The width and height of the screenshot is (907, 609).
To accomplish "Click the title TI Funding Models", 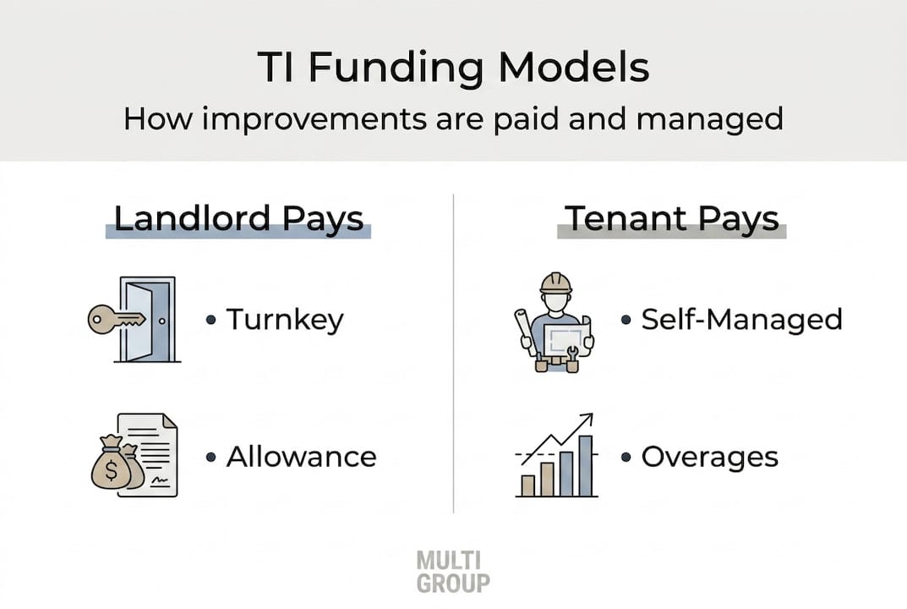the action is [453, 67].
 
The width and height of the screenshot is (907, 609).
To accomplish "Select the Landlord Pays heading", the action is [238, 219].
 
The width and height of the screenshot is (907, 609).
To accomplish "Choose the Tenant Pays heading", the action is [671, 219].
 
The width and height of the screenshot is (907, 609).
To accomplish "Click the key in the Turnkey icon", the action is [116, 320].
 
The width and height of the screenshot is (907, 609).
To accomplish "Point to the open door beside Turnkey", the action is [148, 320].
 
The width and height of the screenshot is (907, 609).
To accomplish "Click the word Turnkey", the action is [285, 320].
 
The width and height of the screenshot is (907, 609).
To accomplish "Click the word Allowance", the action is [302, 457].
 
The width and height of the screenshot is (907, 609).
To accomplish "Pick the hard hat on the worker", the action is [556, 283].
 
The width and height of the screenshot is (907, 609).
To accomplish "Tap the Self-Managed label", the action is [741, 320].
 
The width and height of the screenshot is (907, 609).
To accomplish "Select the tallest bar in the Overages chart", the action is [586, 466].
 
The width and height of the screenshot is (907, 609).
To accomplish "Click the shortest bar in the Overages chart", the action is [528, 486].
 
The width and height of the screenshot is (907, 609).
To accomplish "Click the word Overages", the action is [710, 458].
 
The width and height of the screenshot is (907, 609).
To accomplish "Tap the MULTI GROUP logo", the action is [453, 572].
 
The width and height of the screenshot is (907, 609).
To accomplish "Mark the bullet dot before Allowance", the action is [211, 458].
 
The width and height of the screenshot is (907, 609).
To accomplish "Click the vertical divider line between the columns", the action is [453, 353].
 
